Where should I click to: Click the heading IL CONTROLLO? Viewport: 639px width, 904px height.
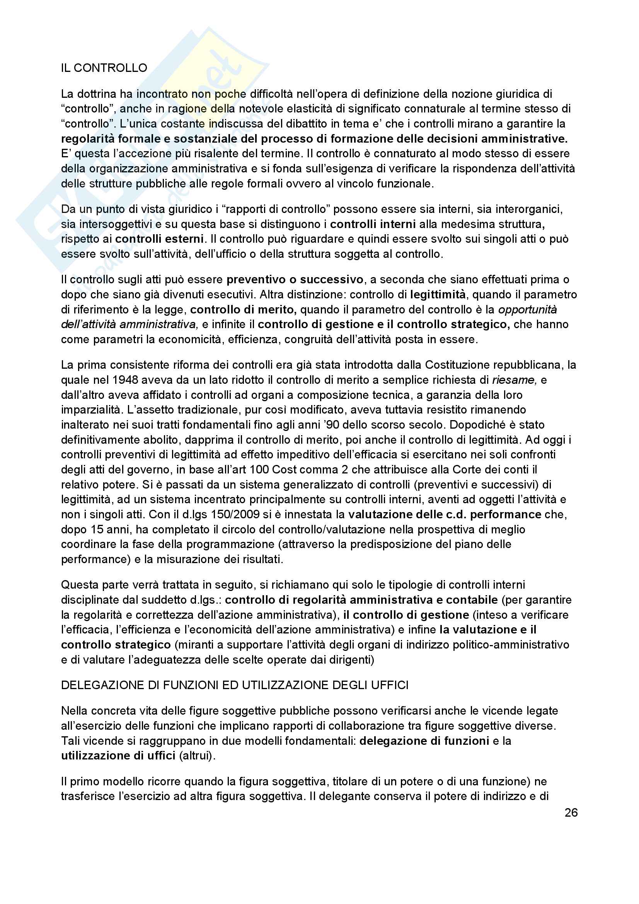(x=104, y=68)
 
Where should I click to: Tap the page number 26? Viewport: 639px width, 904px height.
(x=571, y=813)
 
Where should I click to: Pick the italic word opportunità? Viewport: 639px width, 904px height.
(x=528, y=310)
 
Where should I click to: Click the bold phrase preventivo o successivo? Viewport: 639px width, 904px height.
(x=295, y=279)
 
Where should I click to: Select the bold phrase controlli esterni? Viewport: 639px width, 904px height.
(x=159, y=239)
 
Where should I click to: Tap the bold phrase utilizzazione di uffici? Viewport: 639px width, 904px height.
(x=118, y=756)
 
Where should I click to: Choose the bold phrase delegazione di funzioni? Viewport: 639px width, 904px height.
(x=424, y=741)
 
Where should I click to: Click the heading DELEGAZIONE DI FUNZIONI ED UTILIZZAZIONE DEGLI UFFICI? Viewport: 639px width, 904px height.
(x=235, y=686)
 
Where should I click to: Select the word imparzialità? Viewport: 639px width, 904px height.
(x=90, y=410)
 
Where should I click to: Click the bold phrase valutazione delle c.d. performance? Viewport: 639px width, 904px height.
(x=445, y=514)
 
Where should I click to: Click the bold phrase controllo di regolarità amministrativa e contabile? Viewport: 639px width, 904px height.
(x=361, y=600)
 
